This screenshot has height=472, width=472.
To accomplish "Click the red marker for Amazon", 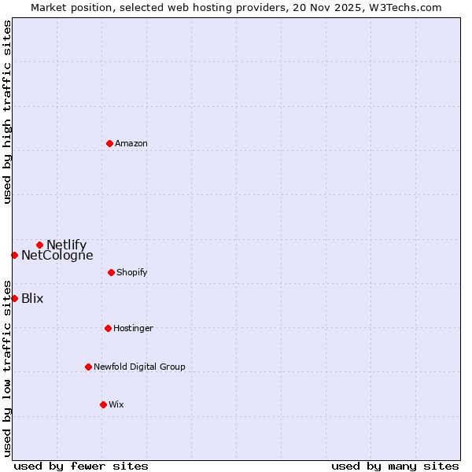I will pos(109,143).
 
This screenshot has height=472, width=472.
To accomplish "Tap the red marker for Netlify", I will pos(39,245).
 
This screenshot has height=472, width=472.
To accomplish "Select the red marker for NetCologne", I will pos(14,255).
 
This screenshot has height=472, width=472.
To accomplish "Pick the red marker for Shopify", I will pos(111,272).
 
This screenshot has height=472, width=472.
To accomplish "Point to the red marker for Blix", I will pos(14,298).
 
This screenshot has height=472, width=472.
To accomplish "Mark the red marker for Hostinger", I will pos(108,328).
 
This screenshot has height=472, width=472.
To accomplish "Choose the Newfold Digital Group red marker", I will pos(88,367).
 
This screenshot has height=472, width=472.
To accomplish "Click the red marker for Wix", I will pos(103,404).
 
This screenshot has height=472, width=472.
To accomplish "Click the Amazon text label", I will pos(131,143).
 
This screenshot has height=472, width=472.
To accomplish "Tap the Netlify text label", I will pos(66,245).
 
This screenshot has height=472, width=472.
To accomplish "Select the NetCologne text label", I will pos(57,255).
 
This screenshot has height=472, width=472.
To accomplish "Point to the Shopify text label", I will pos(132,272).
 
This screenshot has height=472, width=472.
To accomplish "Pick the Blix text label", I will pos(32,298).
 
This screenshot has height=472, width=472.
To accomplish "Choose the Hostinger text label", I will pos(133,328).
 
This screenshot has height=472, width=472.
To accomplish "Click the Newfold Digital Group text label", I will pos(139,367).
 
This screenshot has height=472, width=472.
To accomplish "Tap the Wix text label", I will pos(116,404).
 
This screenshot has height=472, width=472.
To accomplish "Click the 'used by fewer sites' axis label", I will pos(81,466).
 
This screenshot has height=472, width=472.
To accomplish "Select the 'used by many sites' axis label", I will pos(395,466).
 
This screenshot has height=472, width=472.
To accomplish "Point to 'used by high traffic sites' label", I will pos(7,112).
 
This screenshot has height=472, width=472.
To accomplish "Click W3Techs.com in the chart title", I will pos(403,7).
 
